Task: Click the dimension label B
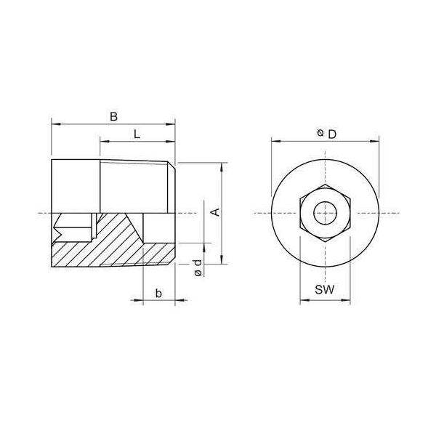[x=113, y=116]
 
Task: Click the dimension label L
[x=137, y=134]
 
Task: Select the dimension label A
[x=215, y=212]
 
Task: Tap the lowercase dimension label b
[x=158, y=293]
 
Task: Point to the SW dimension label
[x=325, y=290]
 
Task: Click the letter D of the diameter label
[x=332, y=134]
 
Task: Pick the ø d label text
[x=198, y=268]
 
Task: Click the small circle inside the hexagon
[x=325, y=213]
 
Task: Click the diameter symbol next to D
[x=320, y=133]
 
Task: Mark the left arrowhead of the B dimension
[x=56, y=124]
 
